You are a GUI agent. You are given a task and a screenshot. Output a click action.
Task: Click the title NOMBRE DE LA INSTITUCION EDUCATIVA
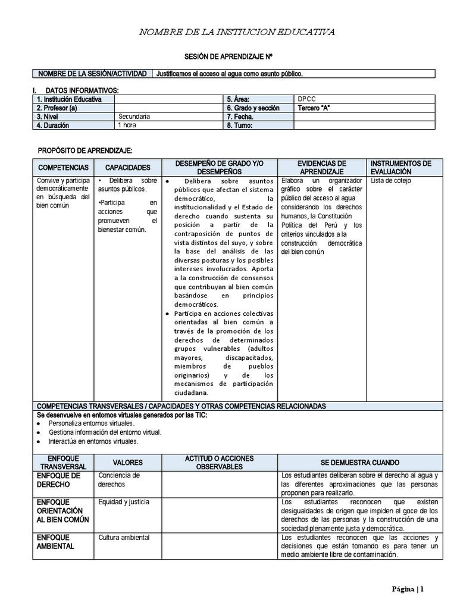(236, 32)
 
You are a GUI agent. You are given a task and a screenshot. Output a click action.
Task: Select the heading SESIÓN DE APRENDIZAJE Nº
(236, 56)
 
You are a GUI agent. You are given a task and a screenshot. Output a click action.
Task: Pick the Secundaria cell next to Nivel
(134, 117)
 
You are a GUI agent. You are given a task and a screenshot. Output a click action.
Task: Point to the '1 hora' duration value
(127, 125)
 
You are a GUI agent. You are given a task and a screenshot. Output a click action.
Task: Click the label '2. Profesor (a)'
(57, 108)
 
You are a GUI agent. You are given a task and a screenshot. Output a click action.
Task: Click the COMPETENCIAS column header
(62, 168)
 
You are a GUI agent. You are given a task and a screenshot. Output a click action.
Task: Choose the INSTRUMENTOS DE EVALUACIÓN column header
(401, 167)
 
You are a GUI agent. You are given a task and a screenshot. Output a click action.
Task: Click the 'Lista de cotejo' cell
(390, 181)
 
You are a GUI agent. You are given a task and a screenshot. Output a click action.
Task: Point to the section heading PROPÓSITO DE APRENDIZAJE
(85, 151)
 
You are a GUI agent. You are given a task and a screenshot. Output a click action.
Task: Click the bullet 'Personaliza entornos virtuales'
(92, 423)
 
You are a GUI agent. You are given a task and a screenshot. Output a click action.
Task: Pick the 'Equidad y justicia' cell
(124, 502)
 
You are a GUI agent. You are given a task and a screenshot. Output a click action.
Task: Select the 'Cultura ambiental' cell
(124, 538)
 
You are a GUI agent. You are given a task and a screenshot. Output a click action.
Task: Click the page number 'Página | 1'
(408, 589)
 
